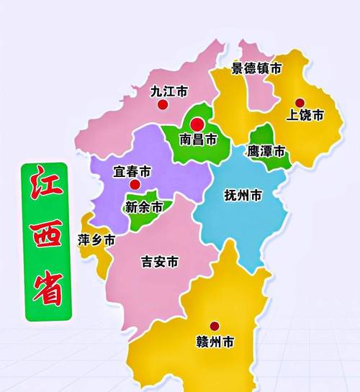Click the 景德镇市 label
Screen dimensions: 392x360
tap(256, 69)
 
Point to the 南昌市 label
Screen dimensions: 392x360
tap(197, 140)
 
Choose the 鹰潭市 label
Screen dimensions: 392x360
tap(266, 152)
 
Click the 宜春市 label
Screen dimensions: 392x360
tap(132, 173)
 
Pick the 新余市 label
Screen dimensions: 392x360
tap(144, 207)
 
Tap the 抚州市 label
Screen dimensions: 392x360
tap(243, 195)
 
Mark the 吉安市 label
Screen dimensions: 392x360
tap(159, 263)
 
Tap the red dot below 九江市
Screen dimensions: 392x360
tap(163, 105)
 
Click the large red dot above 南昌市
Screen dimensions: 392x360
tap(197, 123)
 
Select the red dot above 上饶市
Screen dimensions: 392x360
tap(300, 102)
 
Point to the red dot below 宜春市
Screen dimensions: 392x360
tap(134, 185)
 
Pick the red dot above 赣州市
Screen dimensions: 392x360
tap(214, 326)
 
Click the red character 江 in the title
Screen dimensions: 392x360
tap(45, 189)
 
